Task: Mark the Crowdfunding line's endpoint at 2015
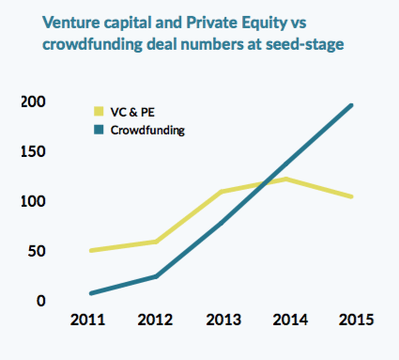pyautogui.click(x=351, y=105)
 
